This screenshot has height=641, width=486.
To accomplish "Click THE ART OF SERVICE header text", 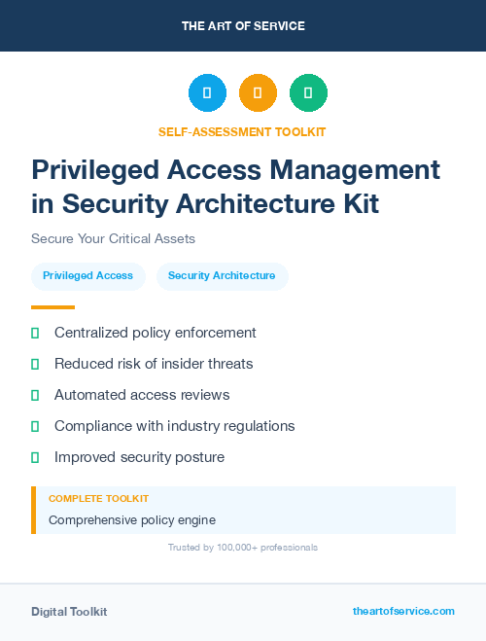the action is coord(243,25).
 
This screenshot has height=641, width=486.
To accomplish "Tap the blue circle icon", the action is coord(207,93).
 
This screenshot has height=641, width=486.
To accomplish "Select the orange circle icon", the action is coord(258,93).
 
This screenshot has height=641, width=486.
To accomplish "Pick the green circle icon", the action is coord(308,93).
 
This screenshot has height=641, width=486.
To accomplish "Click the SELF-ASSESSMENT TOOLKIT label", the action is coord(243,131).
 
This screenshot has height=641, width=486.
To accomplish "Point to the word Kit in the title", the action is coord(357,203).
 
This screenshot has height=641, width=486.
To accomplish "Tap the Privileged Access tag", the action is coord(87,276).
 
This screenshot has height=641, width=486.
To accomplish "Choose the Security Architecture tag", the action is coord(222,276).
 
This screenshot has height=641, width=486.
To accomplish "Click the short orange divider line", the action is coord(52,307).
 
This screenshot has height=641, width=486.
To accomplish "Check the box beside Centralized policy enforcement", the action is coord(35,333).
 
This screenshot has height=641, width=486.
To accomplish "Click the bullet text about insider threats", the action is coord(154,364).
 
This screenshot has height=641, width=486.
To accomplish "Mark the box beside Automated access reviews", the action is coord(35,395).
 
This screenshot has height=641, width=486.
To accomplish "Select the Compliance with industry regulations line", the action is coord(174,426).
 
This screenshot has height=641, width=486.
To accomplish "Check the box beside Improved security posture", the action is coord(35,457).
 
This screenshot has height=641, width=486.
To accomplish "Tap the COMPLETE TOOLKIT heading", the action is coord(98,498).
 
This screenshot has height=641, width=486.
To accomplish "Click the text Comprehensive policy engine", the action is coord(131,519).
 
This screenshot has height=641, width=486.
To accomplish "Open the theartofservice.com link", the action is coord(403,611).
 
